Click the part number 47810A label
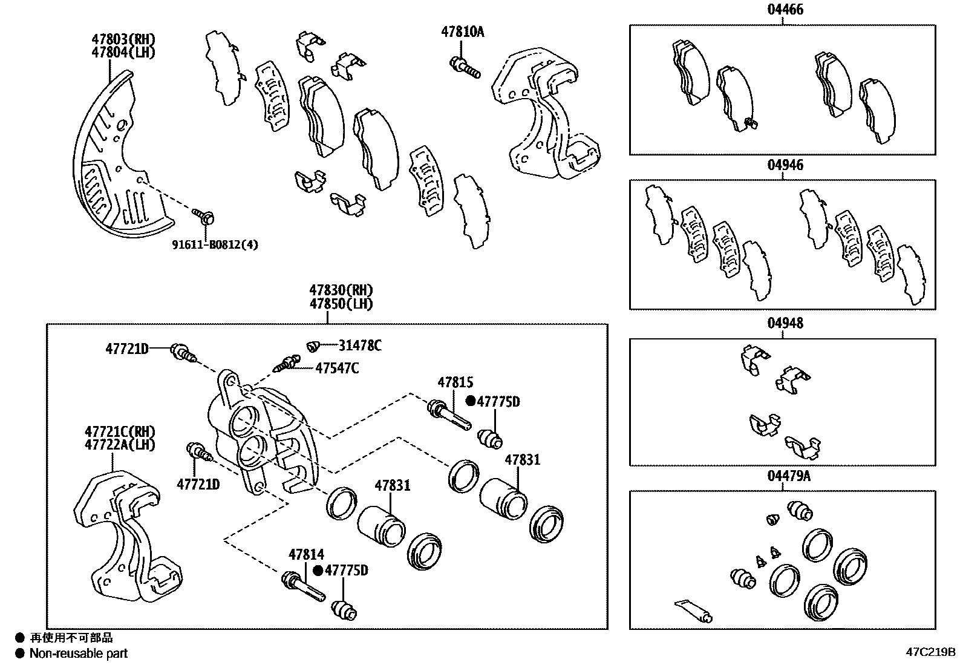pos(462,32)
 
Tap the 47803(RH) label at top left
pos(123,39)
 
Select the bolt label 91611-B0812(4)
pos(215,245)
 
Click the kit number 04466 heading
pos(785,10)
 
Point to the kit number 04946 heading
pos(785,165)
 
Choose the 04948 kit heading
pos(785,323)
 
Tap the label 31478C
pos(360,346)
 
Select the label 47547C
pos(337,368)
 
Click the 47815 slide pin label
pos(455,382)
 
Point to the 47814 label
pos(306,554)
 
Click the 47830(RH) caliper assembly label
pos(341,290)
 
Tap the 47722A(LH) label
pos(120,445)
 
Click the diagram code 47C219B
pos(930,652)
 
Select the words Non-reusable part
pos(79,654)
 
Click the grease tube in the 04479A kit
pos(693,611)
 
